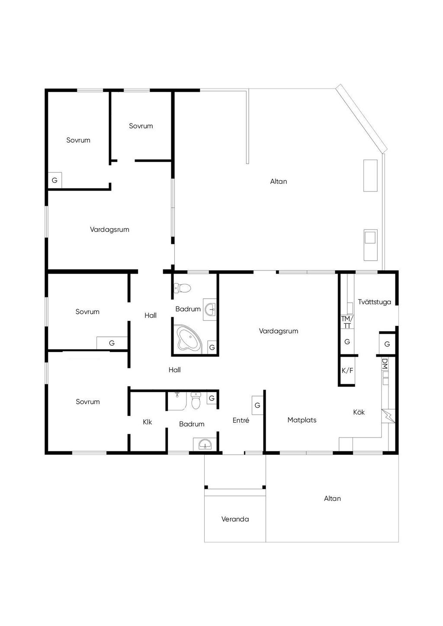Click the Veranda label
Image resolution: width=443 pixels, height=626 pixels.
(x=235, y=519)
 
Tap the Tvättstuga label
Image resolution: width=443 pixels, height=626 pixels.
(x=374, y=302)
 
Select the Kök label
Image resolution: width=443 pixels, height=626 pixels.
(x=359, y=412)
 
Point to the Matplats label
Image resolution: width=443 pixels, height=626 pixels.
(x=302, y=420)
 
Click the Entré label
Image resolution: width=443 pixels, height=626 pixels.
(x=241, y=420)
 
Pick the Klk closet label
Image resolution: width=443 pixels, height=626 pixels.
(x=147, y=422)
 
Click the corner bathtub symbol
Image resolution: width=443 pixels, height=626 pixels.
(x=187, y=339)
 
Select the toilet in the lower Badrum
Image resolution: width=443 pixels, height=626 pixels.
(x=196, y=400)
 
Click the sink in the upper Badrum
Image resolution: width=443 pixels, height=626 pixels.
(x=209, y=309)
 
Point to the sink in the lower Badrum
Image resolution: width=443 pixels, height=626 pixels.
(x=205, y=444)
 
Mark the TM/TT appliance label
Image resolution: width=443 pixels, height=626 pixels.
(x=347, y=322)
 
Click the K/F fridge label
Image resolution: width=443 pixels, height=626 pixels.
(x=347, y=370)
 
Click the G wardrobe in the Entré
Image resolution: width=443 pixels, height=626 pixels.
(x=257, y=405)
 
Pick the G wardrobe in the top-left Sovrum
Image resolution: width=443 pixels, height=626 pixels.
(x=55, y=180)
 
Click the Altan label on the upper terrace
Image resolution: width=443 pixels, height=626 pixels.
(x=279, y=182)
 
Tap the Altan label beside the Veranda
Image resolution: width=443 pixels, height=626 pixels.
(x=332, y=498)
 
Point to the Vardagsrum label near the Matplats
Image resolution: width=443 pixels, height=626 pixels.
(x=279, y=331)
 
